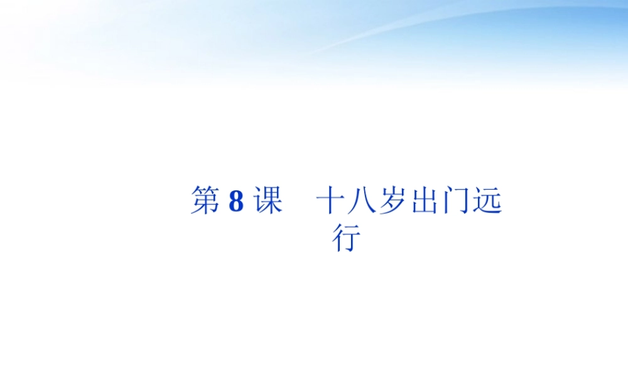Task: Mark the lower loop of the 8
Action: click(236, 208)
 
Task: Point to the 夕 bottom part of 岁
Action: click(394, 208)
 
